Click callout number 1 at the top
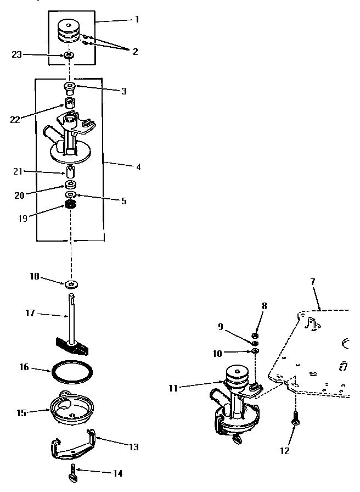pos(137,19)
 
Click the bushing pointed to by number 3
pos(70,86)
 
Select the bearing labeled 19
pos(70,205)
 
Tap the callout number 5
pos(123,202)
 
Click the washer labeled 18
pos(71,284)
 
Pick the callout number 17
pos(31,313)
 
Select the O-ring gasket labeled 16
pos(71,373)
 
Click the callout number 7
pos(312,282)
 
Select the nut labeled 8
pos(255,335)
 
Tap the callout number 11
pos(174,388)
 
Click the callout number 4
pos(138,166)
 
